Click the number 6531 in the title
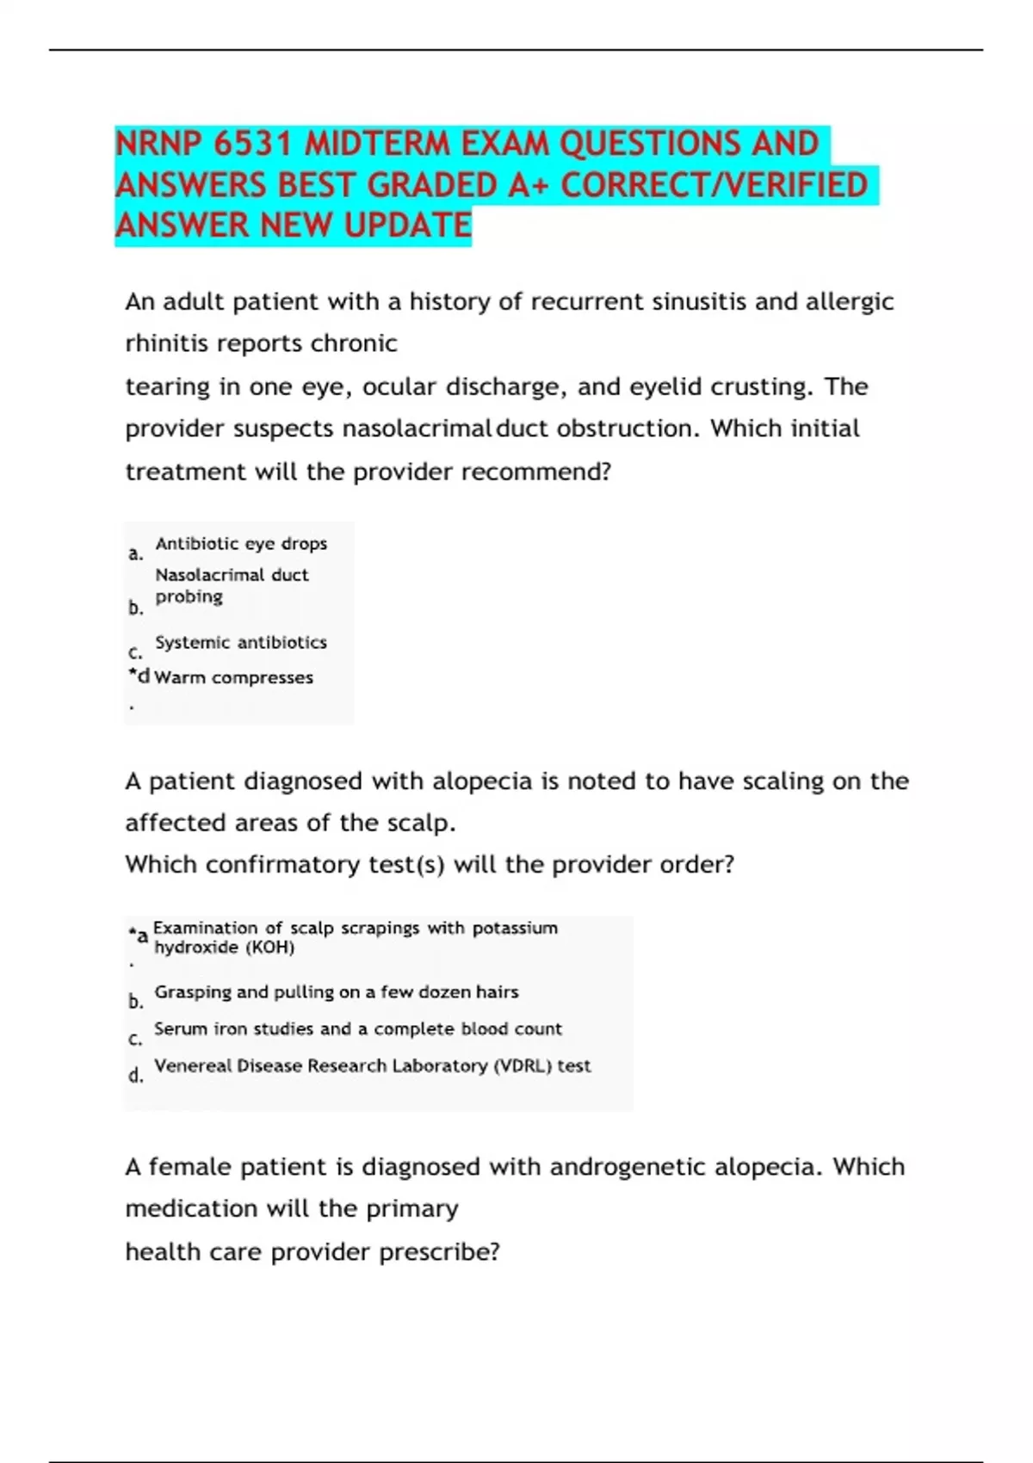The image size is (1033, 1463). pyautogui.click(x=254, y=144)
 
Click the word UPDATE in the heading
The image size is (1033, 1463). pyautogui.click(x=407, y=225)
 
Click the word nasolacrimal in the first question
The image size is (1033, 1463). pyautogui.click(x=417, y=429)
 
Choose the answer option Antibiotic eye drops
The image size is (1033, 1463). pyautogui.click(x=241, y=544)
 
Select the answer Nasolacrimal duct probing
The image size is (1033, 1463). pyautogui.click(x=231, y=585)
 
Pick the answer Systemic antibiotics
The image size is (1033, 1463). pyautogui.click(x=241, y=643)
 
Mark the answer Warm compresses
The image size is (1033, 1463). pyautogui.click(x=233, y=678)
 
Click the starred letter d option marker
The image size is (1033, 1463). pyautogui.click(x=139, y=676)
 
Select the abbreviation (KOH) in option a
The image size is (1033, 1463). pyautogui.click(x=269, y=948)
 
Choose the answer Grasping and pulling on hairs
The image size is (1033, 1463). pyautogui.click(x=337, y=992)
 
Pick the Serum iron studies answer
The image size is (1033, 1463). pyautogui.click(x=357, y=1029)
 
